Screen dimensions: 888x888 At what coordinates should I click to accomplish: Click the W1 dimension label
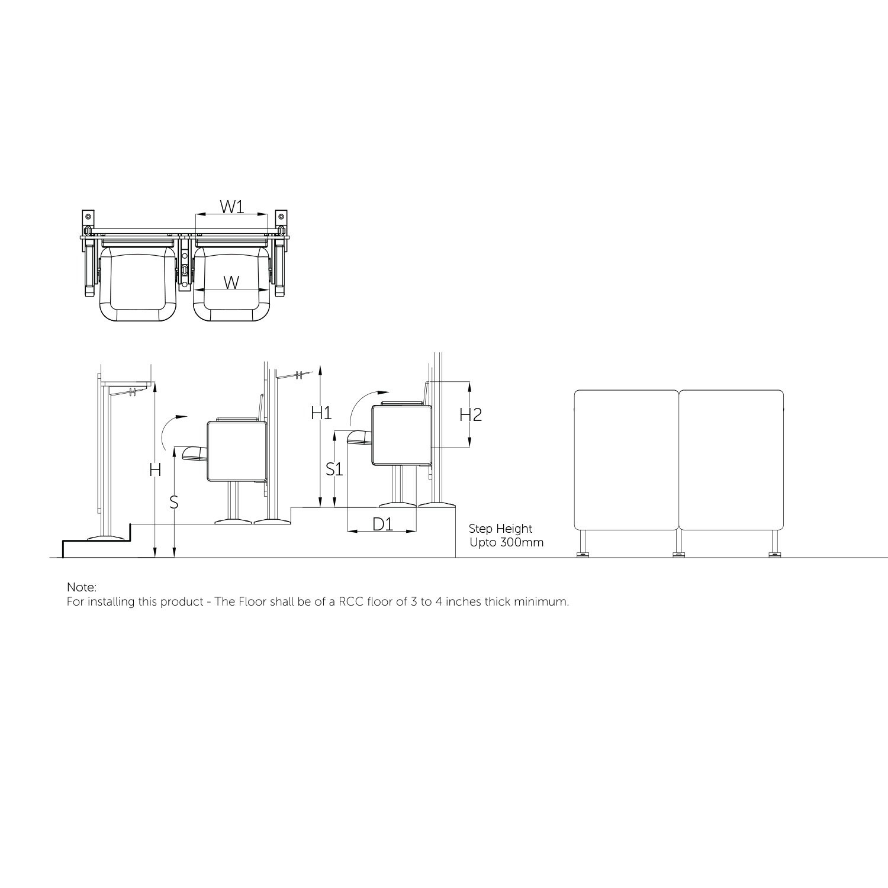tap(232, 207)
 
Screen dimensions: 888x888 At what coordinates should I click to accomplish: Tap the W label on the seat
tap(231, 282)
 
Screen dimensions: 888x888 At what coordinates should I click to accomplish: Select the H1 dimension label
tap(321, 413)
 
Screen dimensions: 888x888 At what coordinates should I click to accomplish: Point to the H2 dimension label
tap(471, 414)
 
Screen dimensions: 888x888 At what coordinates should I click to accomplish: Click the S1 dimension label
tap(335, 469)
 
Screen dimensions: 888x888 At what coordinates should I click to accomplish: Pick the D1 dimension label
tap(382, 524)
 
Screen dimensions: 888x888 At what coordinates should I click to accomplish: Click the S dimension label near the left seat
tap(173, 502)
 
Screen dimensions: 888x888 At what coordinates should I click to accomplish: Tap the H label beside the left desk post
tap(155, 471)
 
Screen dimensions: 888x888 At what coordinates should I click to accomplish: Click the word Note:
tap(82, 587)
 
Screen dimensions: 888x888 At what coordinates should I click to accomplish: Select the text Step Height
tap(501, 529)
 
